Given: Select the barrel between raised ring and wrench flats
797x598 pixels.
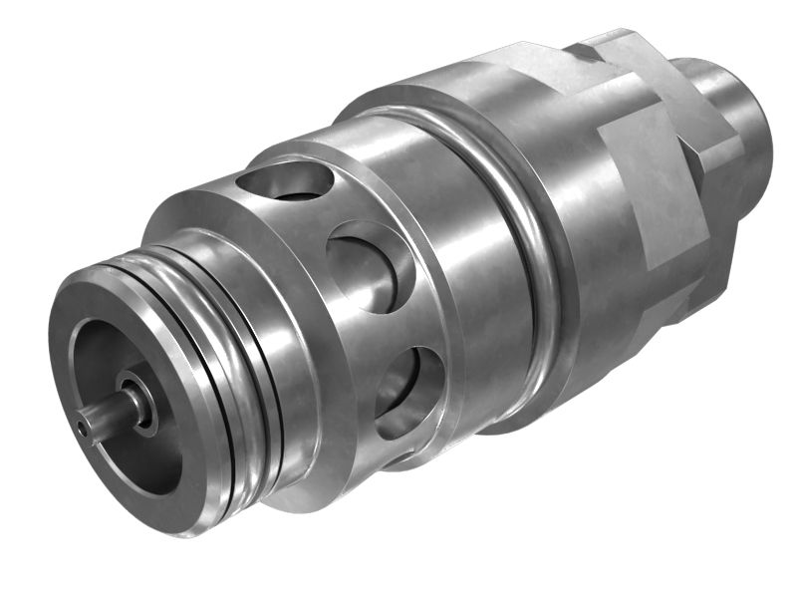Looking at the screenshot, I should tap(588, 249).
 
